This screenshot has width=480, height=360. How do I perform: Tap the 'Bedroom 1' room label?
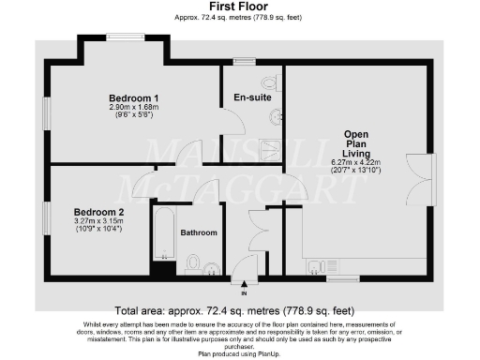coord(133,98)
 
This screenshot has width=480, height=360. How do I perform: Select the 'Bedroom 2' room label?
coord(98,213)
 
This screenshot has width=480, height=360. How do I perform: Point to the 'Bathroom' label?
coord(199,232)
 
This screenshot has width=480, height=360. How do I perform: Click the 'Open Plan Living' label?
coord(357,146)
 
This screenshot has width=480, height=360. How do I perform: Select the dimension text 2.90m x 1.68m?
coord(133,108)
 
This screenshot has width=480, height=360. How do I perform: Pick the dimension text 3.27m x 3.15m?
coord(98,222)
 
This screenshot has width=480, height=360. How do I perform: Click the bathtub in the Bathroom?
coord(164,234)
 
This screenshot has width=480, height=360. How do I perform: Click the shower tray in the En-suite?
coord(270,149)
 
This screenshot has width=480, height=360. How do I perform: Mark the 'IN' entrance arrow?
coord(247,285)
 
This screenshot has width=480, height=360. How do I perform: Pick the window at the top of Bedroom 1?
coord(124,37)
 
